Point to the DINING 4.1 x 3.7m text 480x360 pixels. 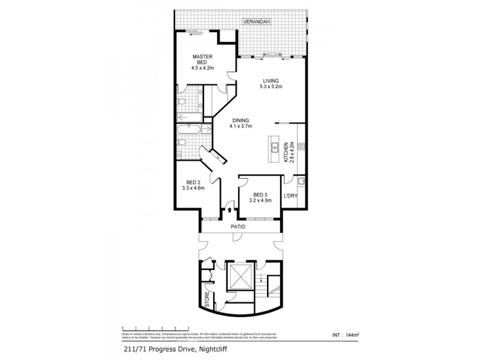tap(240, 123)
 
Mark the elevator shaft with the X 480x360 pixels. tap(239, 277)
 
